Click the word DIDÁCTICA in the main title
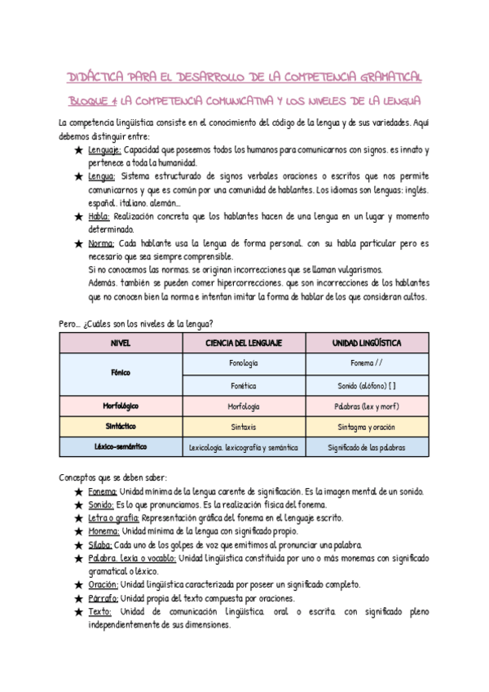[95, 77]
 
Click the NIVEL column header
[121, 343]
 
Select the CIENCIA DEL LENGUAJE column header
[244, 343]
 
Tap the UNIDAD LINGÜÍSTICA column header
[367, 343]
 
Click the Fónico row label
[121, 373]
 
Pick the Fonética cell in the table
[244, 384]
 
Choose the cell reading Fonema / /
[367, 362]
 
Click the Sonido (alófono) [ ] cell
[367, 384]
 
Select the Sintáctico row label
[121, 427]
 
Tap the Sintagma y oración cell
[367, 427]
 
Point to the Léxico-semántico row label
[121, 447]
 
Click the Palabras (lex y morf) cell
[367, 406]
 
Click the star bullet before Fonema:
[77, 492]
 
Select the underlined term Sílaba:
[102, 545]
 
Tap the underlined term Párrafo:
[104, 598]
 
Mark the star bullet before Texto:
[77, 611]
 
